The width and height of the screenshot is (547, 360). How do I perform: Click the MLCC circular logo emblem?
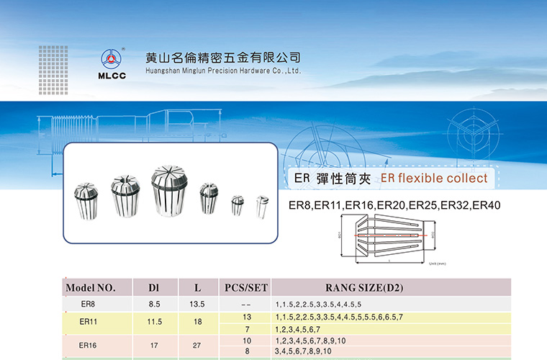(x=112, y=58)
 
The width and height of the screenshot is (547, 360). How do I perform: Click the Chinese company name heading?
(x=222, y=57)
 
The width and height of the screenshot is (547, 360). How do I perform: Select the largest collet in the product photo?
(x=168, y=191)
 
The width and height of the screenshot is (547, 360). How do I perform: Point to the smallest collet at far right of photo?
(x=262, y=204)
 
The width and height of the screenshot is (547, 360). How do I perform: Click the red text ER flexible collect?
(x=433, y=178)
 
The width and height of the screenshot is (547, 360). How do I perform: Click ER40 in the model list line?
(x=486, y=205)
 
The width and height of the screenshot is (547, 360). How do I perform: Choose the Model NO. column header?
(x=91, y=288)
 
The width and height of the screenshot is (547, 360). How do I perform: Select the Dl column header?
(x=153, y=288)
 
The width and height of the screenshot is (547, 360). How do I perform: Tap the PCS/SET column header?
(x=246, y=288)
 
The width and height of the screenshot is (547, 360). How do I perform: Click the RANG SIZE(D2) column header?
(x=364, y=288)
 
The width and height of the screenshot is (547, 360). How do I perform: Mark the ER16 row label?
(x=88, y=345)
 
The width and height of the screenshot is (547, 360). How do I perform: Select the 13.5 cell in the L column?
(x=197, y=304)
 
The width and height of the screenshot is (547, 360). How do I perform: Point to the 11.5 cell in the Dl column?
(x=154, y=323)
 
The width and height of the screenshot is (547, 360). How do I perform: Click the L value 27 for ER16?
(x=197, y=345)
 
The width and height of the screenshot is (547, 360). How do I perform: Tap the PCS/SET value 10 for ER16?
(x=247, y=339)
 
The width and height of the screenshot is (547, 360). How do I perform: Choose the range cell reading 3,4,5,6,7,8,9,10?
(x=303, y=351)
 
